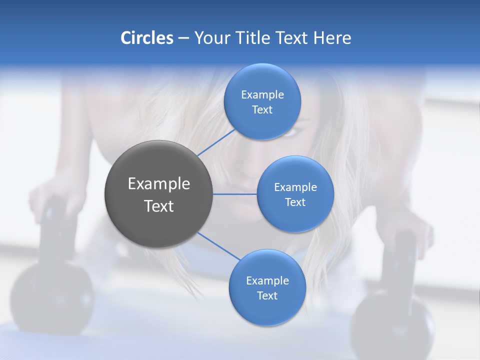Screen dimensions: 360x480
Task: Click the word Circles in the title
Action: coord(146,38)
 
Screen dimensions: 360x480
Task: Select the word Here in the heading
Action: coord(332,38)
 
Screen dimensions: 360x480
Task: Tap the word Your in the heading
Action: coord(212,38)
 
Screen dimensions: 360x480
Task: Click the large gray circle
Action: coord(158,194)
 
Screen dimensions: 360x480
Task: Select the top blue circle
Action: coord(262,101)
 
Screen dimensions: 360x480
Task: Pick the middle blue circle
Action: coord(295,194)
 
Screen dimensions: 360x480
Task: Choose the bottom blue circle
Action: coord(267,287)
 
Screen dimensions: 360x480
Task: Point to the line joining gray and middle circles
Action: coord(234,194)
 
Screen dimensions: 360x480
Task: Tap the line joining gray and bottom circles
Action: coord(219,246)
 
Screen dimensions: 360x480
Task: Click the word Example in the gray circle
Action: coord(158,184)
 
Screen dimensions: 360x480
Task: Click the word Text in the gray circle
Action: coord(158,206)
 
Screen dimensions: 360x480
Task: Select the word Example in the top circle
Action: coord(262,94)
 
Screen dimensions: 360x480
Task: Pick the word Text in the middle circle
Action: coord(295,202)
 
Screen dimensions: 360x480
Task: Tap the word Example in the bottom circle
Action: coord(267,280)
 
